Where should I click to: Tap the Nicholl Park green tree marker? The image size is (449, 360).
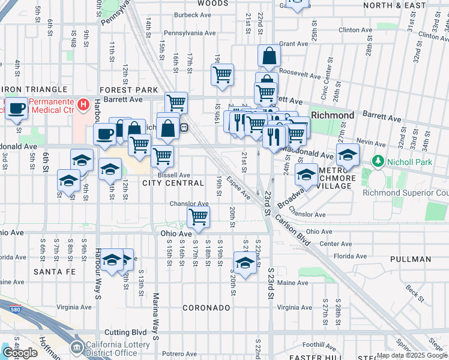(378, 161)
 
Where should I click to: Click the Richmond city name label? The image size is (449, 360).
(333, 115)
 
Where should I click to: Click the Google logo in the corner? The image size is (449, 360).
(20, 353)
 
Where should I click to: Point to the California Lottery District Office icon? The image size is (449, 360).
(76, 347)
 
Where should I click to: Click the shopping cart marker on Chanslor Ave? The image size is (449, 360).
(198, 216)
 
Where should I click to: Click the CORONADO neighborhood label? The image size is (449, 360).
(207, 308)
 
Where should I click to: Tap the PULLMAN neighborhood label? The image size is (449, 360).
(410, 259)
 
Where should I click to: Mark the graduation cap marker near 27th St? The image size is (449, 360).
(348, 155)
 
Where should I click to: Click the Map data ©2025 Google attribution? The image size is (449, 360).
(411, 355)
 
